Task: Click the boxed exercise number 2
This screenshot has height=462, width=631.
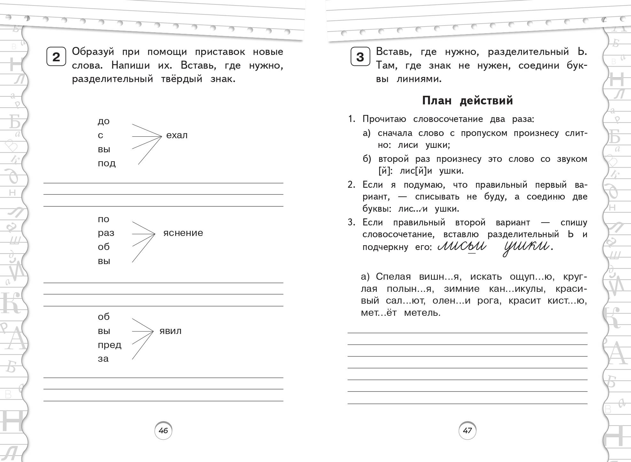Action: pyautogui.click(x=56, y=57)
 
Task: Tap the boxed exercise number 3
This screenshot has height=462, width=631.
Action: pyautogui.click(x=360, y=57)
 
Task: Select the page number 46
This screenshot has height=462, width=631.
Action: pyautogui.click(x=163, y=431)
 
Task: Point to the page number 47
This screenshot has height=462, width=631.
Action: pyautogui.click(x=467, y=431)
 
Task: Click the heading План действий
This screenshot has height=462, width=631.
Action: pyautogui.click(x=467, y=101)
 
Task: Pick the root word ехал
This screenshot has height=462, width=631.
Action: pyautogui.click(x=177, y=135)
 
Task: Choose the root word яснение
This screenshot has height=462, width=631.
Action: pyautogui.click(x=183, y=233)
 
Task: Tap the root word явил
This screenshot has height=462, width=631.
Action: pyautogui.click(x=170, y=331)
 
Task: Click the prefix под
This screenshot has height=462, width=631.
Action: pyautogui.click(x=106, y=163)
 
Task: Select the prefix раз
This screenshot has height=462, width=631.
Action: pyautogui.click(x=106, y=233)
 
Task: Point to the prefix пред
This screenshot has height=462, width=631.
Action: pyautogui.click(x=109, y=345)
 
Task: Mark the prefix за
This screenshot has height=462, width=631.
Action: pyautogui.click(x=103, y=359)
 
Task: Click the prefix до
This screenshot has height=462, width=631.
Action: pyautogui.click(x=104, y=121)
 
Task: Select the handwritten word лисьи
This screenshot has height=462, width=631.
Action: pyautogui.click(x=462, y=246)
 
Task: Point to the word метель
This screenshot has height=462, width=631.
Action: pyautogui.click(x=422, y=313)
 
